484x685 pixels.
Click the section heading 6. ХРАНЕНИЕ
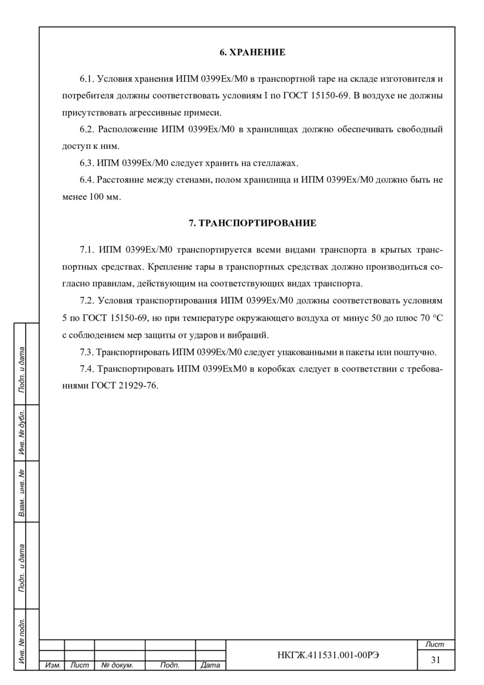[x=252, y=53]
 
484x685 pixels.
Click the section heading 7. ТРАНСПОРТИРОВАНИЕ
[x=252, y=223]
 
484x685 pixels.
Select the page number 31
[x=436, y=660]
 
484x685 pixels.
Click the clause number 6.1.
[x=87, y=79]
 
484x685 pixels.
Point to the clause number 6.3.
[x=87, y=163]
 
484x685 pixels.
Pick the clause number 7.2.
[x=87, y=301]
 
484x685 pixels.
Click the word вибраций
[x=248, y=335]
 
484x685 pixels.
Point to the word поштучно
[x=418, y=352]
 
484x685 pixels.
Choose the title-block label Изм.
[x=52, y=665]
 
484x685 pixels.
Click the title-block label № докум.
[x=117, y=665]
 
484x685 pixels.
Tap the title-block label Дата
[x=210, y=665]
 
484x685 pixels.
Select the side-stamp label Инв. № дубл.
[x=22, y=433]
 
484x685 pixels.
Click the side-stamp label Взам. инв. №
[x=22, y=491]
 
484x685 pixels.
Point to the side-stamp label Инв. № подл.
[x=22, y=640]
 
